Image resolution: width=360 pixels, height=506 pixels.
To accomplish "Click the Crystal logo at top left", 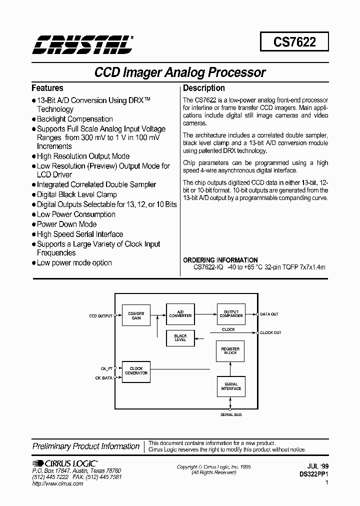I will (82, 44).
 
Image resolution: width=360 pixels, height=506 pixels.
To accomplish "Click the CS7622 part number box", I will (294, 42).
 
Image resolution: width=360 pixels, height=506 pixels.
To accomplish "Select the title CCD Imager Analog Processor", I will (180, 72).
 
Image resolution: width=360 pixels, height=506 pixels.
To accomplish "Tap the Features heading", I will (47, 88).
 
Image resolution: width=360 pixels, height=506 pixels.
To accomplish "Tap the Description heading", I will (203, 88).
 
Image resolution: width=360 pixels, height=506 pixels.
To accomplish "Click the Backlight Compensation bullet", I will (75, 119).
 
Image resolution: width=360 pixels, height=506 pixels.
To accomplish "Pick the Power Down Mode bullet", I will (66, 224).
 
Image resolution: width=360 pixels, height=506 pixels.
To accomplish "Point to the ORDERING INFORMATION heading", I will (220, 260).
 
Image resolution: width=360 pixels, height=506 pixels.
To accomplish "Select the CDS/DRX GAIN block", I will (136, 315).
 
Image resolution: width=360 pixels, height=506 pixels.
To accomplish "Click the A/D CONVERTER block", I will (180, 313).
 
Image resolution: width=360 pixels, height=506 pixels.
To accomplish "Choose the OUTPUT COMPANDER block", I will (231, 313).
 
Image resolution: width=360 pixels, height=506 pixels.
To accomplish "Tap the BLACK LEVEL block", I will (180, 338).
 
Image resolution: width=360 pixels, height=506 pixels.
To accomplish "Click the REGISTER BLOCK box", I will (230, 351).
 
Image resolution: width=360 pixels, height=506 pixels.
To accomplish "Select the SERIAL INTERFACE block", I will (230, 386).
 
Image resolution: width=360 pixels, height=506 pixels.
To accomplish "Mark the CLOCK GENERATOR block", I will (136, 371).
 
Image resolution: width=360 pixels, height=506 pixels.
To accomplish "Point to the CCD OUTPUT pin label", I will (100, 315).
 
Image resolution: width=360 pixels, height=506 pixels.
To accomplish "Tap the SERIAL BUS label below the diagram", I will (231, 415).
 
